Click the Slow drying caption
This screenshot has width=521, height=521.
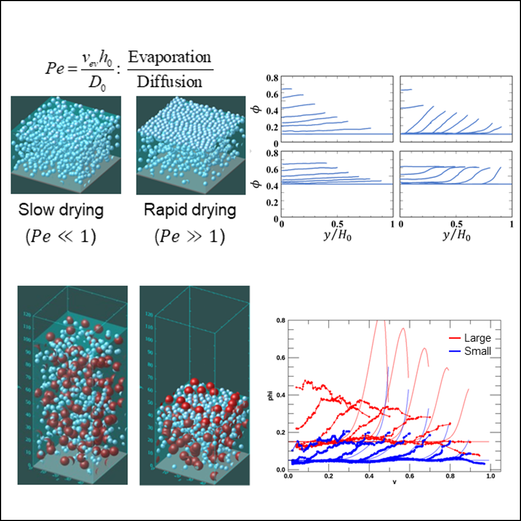pyautogui.click(x=61, y=211)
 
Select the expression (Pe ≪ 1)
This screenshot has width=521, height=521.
pyautogui.click(x=61, y=239)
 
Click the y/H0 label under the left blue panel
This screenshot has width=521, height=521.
pyautogui.click(x=336, y=238)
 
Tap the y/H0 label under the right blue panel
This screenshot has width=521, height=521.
pyautogui.click(x=456, y=238)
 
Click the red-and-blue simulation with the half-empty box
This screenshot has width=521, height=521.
pyautogui.click(x=195, y=385)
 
